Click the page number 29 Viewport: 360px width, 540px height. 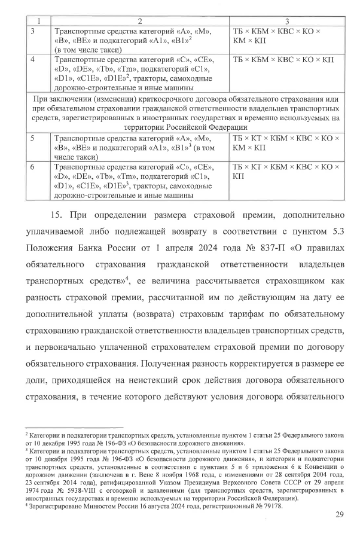(x=338, y=515)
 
